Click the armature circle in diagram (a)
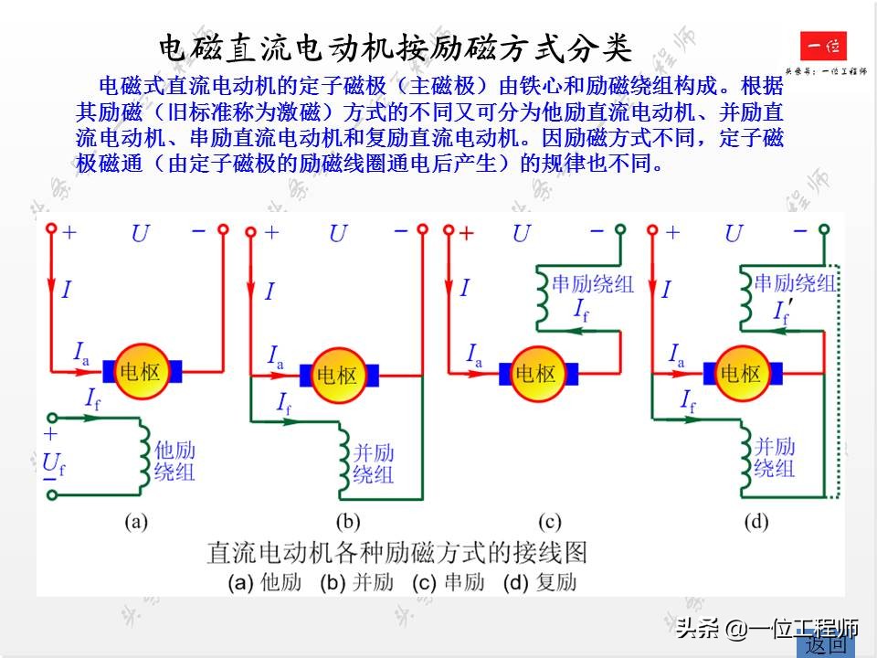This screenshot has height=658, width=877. tap(142, 371)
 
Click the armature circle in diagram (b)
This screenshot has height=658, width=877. tap(338, 375)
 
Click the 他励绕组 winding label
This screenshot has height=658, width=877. tap(174, 461)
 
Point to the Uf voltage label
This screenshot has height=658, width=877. tap(54, 465)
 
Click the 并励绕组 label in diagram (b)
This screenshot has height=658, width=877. tap(373, 463)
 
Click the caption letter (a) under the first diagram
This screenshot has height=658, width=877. tap(136, 523)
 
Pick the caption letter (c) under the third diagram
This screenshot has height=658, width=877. tap(549, 523)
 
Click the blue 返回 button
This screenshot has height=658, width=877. tap(826, 644)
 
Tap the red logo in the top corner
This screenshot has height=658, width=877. tap(823, 47)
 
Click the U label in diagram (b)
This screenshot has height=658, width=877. tap(338, 234)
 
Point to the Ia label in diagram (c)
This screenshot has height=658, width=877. tap(475, 354)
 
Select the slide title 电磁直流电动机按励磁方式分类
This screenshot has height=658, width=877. tap(395, 48)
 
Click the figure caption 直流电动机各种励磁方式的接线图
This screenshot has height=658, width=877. tap(396, 552)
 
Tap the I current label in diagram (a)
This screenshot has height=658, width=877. tap(67, 291)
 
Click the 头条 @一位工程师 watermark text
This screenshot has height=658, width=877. tap(767, 628)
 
